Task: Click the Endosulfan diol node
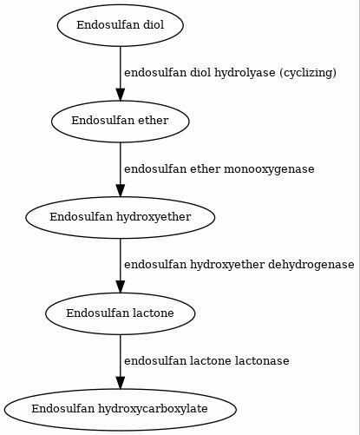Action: pos(121,25)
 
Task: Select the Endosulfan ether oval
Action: pos(121,122)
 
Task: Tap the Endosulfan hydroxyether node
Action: pos(121,217)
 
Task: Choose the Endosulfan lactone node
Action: pos(121,313)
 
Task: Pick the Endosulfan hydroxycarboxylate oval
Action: pos(121,410)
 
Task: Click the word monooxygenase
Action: pos(269,169)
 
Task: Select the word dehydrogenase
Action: pos(311,265)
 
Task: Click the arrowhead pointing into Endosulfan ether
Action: pos(121,95)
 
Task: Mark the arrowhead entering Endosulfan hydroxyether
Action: pos(121,191)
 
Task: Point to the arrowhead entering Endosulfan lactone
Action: pos(121,287)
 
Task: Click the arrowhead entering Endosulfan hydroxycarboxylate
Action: pos(121,383)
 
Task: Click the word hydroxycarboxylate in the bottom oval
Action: pos(153,409)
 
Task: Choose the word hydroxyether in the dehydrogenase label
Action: pos(227,265)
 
